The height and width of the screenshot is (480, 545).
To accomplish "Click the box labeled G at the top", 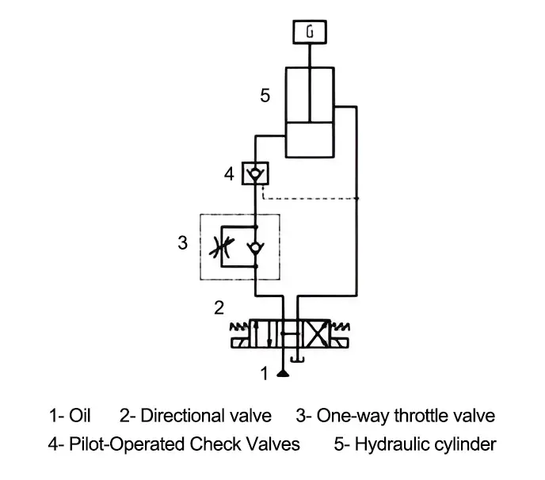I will (308, 32).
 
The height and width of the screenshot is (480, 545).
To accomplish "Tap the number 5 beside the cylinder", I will (265, 96).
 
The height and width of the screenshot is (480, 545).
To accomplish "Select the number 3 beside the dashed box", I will (182, 242).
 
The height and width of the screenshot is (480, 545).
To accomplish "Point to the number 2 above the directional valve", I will (219, 307).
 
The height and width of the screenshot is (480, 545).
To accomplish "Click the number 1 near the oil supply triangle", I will (265, 372).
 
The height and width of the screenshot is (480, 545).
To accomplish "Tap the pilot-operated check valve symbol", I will (255, 173).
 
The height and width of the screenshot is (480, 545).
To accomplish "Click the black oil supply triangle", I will (280, 372).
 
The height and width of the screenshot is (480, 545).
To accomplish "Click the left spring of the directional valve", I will (238, 327).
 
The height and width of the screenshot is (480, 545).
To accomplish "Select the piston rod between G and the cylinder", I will (308, 56).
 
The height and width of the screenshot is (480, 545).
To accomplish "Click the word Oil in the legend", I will (82, 416).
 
